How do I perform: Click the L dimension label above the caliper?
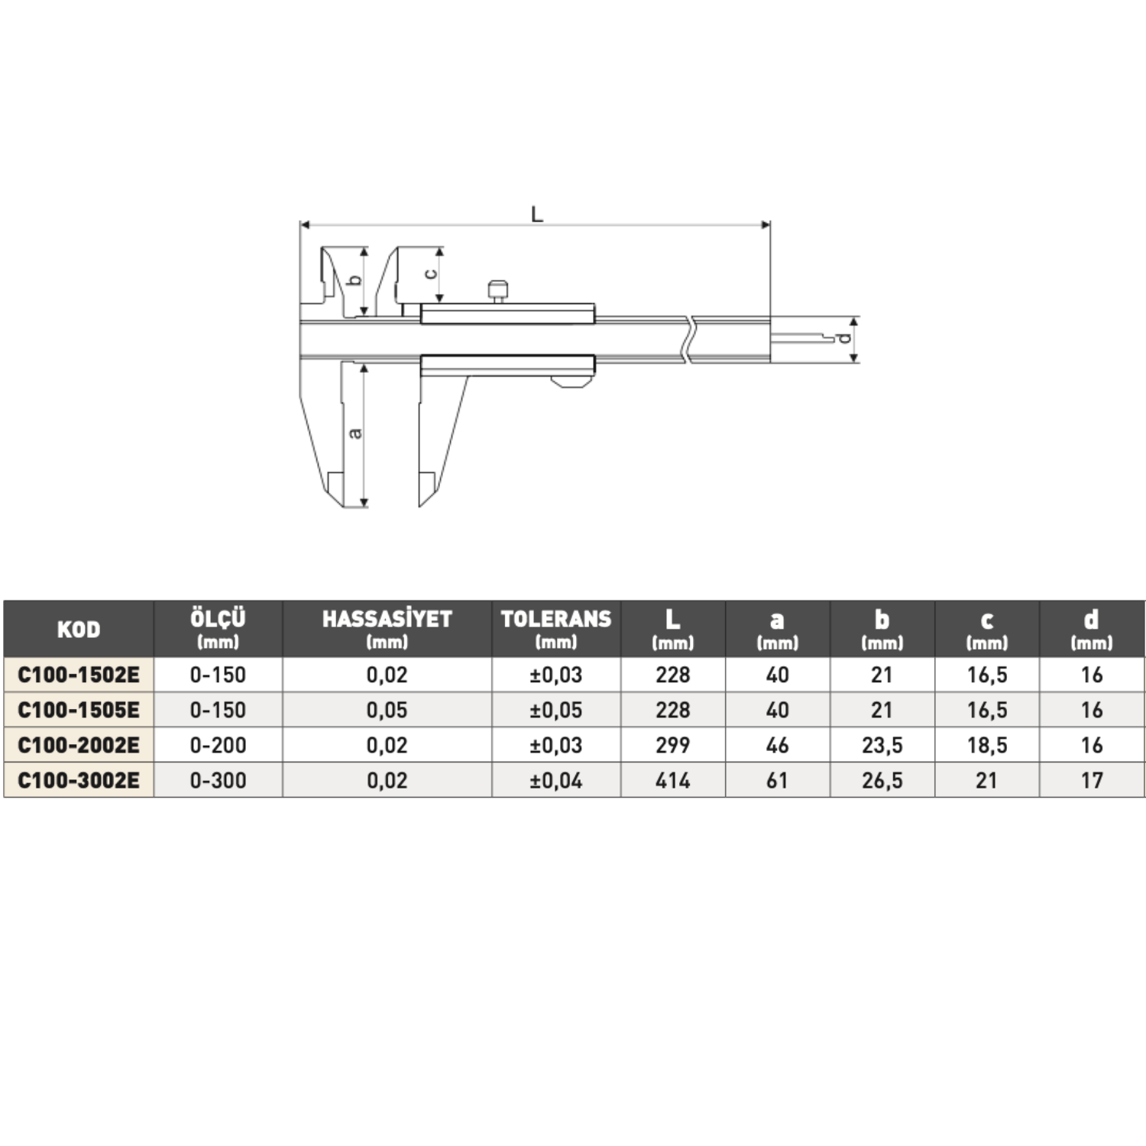click(x=537, y=214)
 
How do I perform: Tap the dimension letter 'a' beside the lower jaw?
click(x=354, y=433)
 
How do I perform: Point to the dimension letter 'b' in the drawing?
click(x=354, y=280)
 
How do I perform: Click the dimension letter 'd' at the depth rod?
click(x=843, y=338)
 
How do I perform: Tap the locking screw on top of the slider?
click(x=497, y=291)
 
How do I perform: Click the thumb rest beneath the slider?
click(x=571, y=381)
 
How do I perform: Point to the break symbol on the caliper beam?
click(x=690, y=338)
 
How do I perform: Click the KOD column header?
click(x=79, y=629)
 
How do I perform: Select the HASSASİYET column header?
click(x=387, y=619)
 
